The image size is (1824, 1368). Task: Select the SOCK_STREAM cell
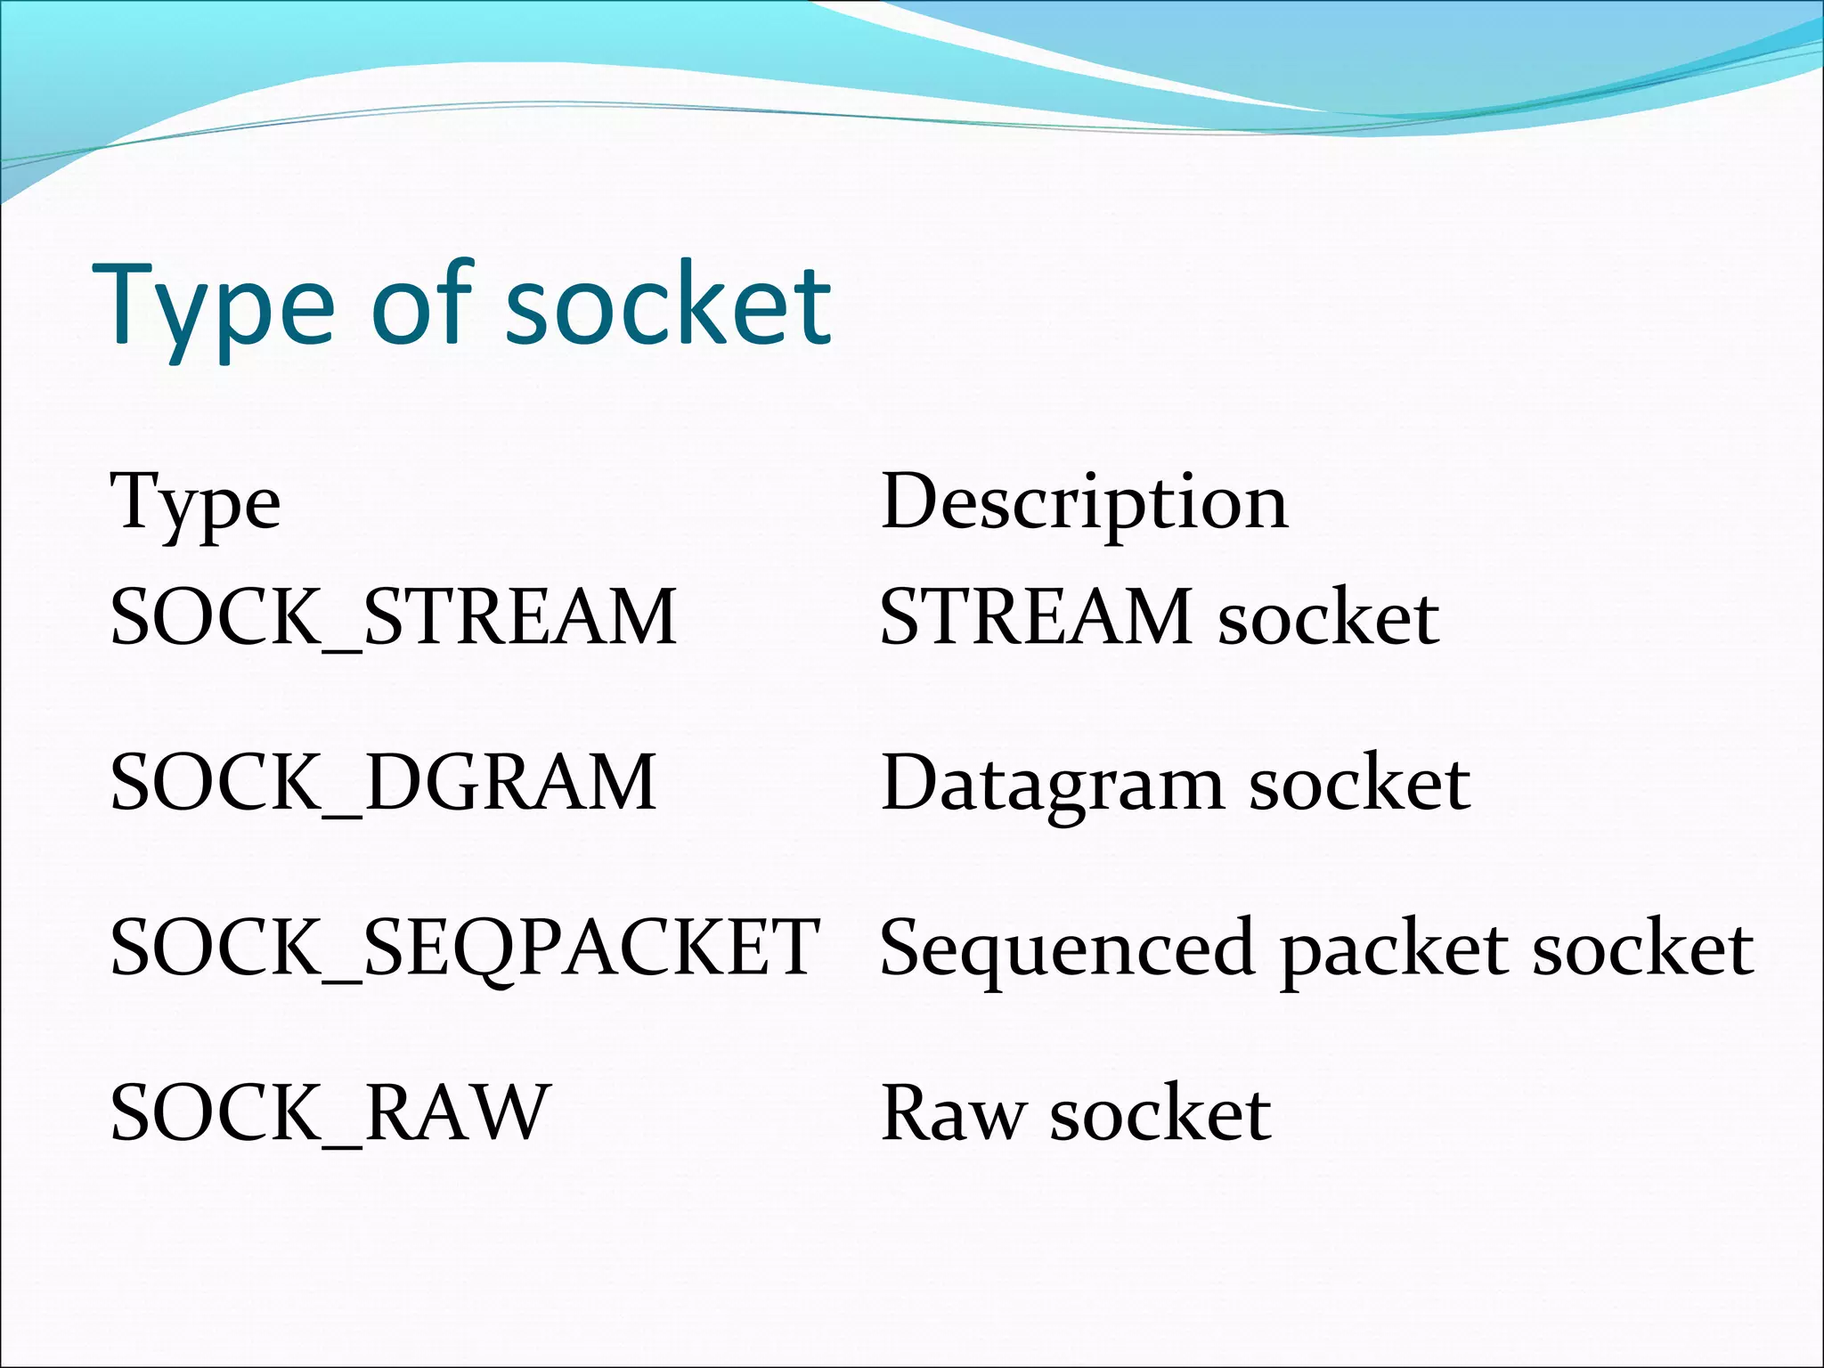[x=393, y=617]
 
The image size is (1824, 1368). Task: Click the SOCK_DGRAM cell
[x=383, y=783]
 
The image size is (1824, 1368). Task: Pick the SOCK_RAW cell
[x=330, y=1113]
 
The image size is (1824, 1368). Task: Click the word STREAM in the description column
[x=1036, y=617]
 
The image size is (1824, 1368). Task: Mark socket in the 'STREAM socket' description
[x=1328, y=617]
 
